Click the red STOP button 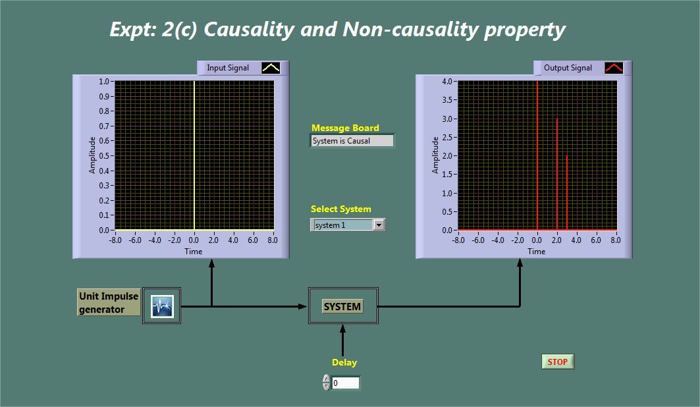click(x=558, y=362)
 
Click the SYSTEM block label click(x=342, y=307)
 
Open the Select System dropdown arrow click(x=379, y=225)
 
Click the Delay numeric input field click(x=345, y=383)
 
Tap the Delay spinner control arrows click(x=327, y=383)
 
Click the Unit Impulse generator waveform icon click(x=161, y=306)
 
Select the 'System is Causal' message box click(x=352, y=141)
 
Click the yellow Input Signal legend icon click(x=271, y=68)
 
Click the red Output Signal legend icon click(x=614, y=68)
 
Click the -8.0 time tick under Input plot click(x=115, y=240)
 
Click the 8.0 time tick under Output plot click(x=616, y=240)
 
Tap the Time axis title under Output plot click(x=536, y=252)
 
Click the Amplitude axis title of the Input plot click(x=92, y=155)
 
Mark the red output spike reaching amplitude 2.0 click(x=567, y=193)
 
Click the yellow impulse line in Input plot click(x=194, y=155)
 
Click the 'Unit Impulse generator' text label click(x=109, y=302)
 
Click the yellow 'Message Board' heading click(x=345, y=128)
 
